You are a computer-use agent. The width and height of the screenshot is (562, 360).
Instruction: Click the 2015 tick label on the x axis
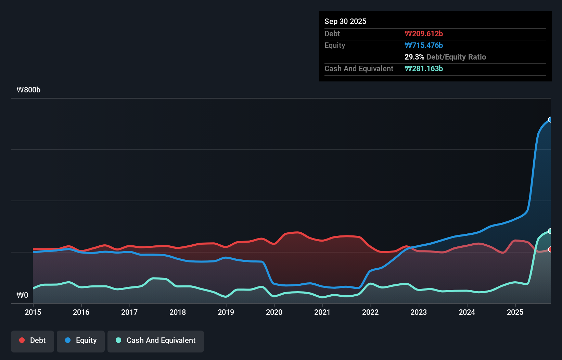point(33,312)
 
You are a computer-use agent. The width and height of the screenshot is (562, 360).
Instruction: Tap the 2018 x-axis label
point(178,312)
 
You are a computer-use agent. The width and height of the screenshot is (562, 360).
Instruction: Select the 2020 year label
point(274,312)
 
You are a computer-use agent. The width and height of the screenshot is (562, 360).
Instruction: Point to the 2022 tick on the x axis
point(370,312)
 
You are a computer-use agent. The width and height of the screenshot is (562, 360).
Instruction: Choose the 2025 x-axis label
point(515,312)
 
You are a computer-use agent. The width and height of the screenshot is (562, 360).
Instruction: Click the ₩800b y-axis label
point(28,90)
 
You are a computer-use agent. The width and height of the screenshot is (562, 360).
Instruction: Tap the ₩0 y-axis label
point(22,295)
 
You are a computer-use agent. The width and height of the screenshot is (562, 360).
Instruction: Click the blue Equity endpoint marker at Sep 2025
point(550,119)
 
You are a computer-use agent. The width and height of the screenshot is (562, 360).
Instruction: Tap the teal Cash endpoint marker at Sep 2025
point(550,231)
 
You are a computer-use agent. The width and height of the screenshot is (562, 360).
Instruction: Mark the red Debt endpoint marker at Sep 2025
point(550,249)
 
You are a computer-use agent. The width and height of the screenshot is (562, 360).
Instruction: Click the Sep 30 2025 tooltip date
point(345,21)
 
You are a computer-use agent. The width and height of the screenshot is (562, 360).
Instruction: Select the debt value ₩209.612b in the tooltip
point(424,34)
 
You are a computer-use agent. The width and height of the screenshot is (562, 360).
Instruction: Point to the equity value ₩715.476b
point(424,45)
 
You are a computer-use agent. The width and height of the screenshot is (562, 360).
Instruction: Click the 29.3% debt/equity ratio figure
point(414,57)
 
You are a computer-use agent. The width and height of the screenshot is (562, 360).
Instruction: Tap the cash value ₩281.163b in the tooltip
point(424,68)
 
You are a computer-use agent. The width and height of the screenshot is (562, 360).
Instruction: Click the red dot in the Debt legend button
point(22,340)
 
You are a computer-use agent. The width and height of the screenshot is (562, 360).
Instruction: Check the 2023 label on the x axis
point(419,312)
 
